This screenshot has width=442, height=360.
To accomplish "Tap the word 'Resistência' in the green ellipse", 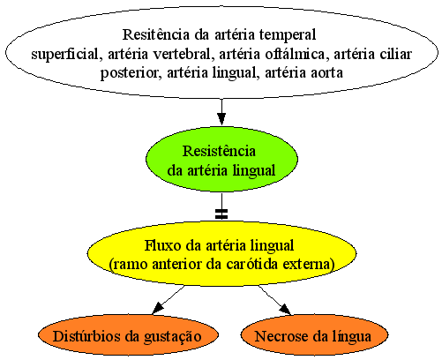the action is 219,151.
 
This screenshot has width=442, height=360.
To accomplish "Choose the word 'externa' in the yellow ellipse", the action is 309,265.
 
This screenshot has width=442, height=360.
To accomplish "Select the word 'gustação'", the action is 173,337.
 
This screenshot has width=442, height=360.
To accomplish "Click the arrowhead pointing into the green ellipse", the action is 221,119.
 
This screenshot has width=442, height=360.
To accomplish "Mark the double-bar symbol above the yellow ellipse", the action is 221,214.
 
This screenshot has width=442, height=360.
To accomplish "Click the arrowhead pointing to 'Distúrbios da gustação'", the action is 158,308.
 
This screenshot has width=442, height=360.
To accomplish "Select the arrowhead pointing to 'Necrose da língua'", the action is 285,310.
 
